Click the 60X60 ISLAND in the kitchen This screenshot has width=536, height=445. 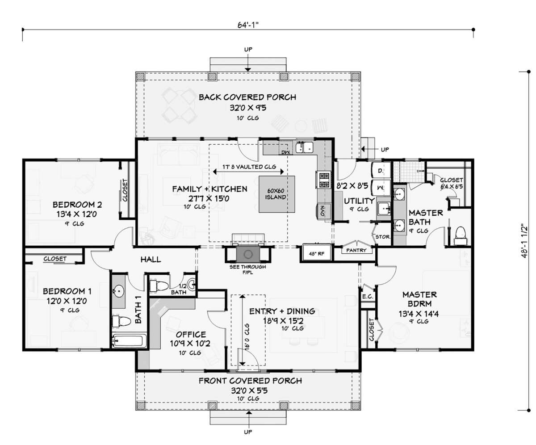[x=276, y=194]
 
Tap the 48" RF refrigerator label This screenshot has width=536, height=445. [x=317, y=254]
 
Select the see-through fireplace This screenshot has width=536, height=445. [x=248, y=254]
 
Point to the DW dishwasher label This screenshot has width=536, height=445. [x=285, y=152]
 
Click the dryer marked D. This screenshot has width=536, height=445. [x=381, y=170]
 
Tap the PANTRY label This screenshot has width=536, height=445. [x=356, y=250]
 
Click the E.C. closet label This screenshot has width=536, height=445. [x=367, y=297]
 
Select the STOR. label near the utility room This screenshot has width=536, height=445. [x=382, y=237]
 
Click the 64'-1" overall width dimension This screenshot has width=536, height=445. [x=248, y=25]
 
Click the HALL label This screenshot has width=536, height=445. [x=151, y=259]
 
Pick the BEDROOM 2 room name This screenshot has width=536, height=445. [x=77, y=205]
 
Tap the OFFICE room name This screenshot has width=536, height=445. [x=191, y=334]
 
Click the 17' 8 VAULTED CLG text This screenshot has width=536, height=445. [x=249, y=167]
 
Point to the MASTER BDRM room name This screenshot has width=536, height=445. [x=419, y=299]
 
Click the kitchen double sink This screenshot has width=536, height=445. [x=304, y=147]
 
